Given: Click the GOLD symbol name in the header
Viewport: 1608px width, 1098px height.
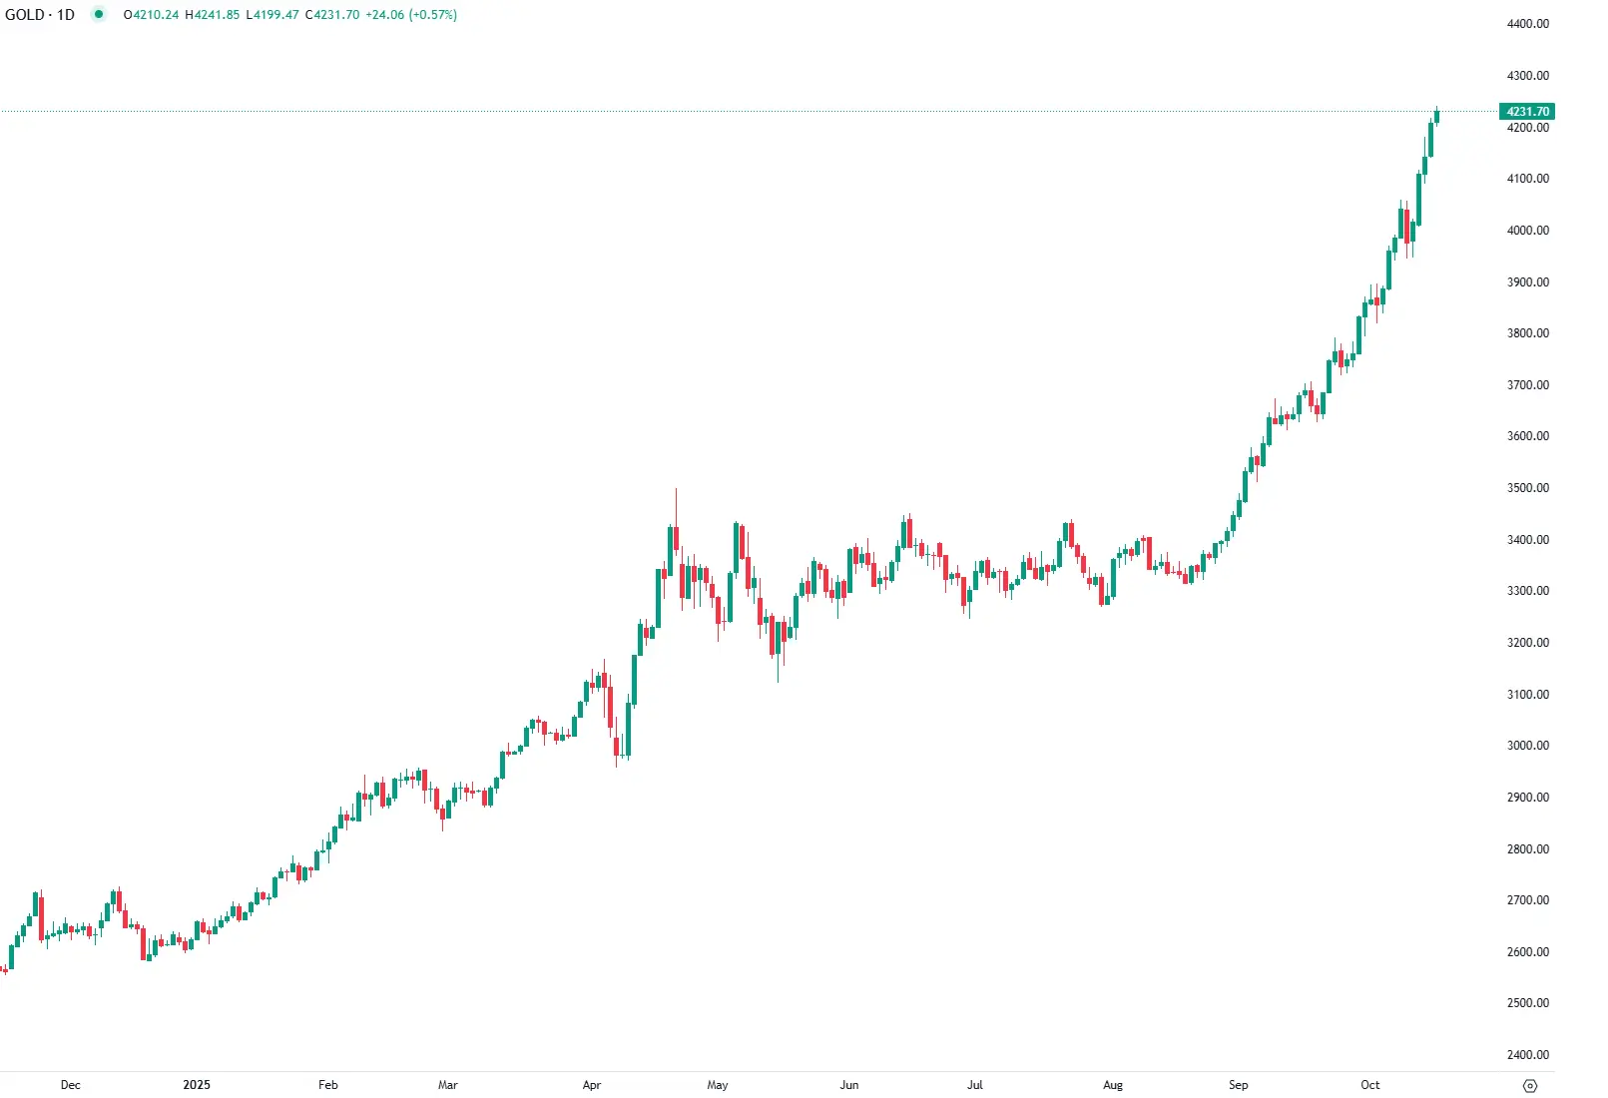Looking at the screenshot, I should [x=24, y=15].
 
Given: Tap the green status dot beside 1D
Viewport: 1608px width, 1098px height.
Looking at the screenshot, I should [x=98, y=15].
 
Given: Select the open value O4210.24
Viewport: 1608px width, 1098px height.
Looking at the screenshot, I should [x=151, y=15].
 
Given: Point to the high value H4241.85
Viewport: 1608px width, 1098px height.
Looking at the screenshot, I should [x=212, y=15].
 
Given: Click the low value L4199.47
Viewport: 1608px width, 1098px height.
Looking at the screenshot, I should [x=272, y=15].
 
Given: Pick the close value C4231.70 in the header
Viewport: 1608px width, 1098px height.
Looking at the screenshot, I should [x=332, y=15].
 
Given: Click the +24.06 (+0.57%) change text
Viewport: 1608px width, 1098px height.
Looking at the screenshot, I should [x=411, y=15].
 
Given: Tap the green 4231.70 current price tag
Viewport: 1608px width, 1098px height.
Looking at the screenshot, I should [x=1527, y=112].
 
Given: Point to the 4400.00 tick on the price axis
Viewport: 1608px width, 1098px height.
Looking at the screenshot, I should [x=1527, y=24].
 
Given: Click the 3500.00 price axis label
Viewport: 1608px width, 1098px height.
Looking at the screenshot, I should [x=1527, y=488].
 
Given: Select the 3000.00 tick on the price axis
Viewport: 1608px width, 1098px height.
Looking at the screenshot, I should [x=1527, y=746].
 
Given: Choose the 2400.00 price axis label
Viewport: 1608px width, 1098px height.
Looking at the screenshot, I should [x=1527, y=1054].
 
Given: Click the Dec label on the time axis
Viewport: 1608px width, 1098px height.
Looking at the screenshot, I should [x=70, y=1085].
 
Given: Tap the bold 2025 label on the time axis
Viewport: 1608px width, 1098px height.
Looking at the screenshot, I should [x=197, y=1085].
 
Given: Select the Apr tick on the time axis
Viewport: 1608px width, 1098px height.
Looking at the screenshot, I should [x=592, y=1085].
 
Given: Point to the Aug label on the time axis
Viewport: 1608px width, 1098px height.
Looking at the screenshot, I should [x=1113, y=1085].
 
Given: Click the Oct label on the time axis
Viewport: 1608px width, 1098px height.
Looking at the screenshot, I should [x=1370, y=1085].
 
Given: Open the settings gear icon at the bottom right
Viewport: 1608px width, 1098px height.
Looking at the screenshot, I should [x=1530, y=1086].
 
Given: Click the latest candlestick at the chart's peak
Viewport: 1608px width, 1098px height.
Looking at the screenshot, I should [x=1436, y=117].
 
